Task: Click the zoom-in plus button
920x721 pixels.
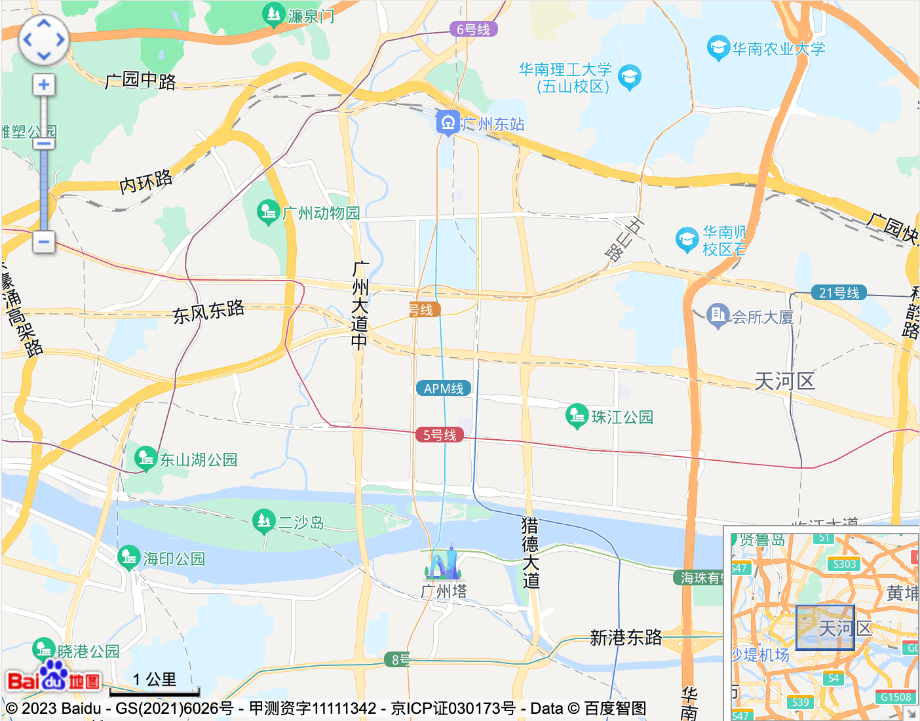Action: point(44,85)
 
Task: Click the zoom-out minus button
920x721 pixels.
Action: point(44,242)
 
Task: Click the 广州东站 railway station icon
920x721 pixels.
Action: point(448,123)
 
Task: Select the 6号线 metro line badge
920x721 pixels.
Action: point(473,29)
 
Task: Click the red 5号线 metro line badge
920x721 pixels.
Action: point(440,435)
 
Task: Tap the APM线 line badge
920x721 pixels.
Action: point(444,389)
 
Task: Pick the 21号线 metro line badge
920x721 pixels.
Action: point(839,293)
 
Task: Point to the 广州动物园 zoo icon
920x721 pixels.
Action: point(268,212)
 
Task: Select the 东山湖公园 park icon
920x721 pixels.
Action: point(145,458)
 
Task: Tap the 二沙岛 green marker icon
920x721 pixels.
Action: point(263,521)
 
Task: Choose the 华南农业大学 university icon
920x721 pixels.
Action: point(718,47)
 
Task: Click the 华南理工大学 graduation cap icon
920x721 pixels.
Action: point(630,77)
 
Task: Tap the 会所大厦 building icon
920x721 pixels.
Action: point(718,315)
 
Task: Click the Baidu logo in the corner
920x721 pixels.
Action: point(54,678)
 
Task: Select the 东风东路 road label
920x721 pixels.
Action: point(208,312)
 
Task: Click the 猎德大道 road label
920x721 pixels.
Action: point(530,552)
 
